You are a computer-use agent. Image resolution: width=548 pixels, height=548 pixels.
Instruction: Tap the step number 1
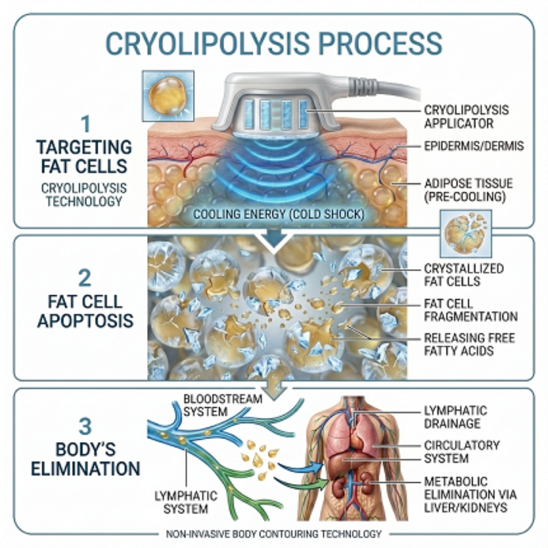(84, 125)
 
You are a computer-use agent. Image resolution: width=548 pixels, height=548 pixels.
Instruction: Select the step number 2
(85, 279)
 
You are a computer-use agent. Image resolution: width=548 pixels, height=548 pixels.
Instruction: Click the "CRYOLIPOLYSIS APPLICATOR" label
(466, 117)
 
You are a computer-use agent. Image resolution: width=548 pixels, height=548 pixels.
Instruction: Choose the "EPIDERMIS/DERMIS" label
(474, 147)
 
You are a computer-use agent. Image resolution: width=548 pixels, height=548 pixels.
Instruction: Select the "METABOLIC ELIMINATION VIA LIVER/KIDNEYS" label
(470, 495)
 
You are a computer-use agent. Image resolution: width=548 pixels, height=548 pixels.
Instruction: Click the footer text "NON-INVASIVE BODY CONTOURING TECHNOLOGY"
(274, 533)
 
